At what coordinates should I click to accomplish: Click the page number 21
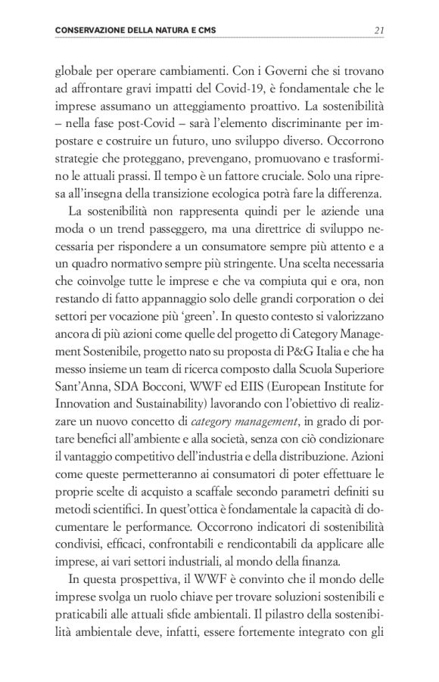[381, 30]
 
